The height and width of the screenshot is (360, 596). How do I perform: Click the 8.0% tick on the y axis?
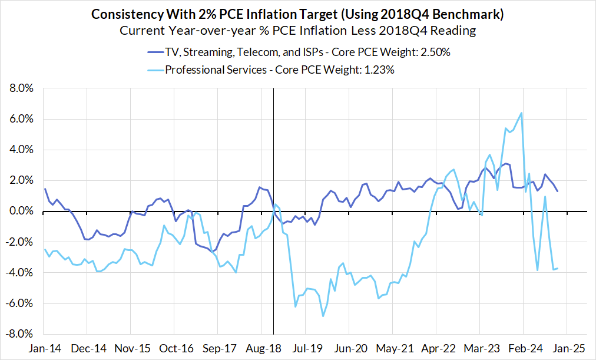21,88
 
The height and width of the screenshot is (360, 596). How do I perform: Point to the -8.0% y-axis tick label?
20,334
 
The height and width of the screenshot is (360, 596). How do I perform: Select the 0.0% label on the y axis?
21,211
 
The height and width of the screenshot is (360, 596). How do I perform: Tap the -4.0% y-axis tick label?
20,273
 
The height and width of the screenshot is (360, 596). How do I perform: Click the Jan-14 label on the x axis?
45,348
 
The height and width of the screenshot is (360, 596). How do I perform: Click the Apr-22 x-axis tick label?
436,348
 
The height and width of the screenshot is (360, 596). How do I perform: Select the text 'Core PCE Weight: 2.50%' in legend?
392,52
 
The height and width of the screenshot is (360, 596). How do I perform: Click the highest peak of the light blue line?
521,113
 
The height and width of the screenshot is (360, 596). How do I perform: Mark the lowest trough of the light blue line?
323,316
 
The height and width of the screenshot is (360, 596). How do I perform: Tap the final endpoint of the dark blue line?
558,191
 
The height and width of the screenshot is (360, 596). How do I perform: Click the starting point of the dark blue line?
45,189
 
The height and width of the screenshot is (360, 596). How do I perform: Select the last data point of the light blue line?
558,269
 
